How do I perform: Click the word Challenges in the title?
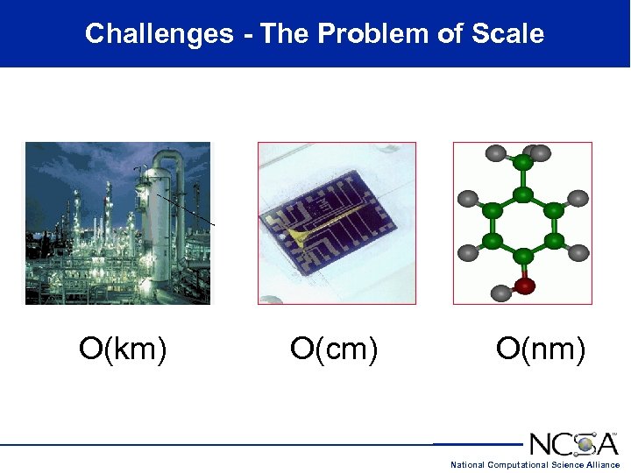click(159, 34)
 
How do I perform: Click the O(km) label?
click(123, 349)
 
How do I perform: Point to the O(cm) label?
click(334, 349)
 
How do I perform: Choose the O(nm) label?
click(541, 349)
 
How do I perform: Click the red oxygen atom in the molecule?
click(524, 285)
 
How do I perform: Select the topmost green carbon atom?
click(522, 163)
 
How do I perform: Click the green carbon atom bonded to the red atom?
click(523, 256)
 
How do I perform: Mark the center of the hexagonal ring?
click(523, 225)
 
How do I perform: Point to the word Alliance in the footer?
click(600, 465)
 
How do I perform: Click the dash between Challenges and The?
click(248, 36)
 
